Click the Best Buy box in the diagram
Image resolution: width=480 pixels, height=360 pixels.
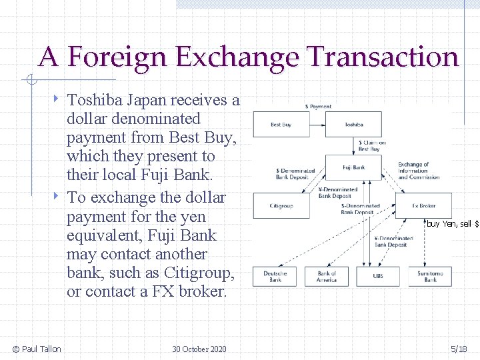(x=281, y=125)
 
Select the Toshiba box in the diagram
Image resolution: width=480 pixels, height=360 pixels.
(x=354, y=125)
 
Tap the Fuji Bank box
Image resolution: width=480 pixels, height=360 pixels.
(x=354, y=168)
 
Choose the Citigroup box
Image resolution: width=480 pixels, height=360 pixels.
(x=281, y=206)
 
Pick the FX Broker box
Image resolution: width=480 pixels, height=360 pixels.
(x=423, y=206)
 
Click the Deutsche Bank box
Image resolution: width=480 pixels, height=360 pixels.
(x=275, y=276)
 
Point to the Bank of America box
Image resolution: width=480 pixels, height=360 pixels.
(x=327, y=276)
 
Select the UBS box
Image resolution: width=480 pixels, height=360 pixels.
(x=378, y=276)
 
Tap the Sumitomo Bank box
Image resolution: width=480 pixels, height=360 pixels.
(x=430, y=276)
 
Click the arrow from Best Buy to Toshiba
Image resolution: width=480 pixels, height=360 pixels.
(x=317, y=125)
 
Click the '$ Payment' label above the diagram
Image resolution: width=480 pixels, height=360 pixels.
(x=318, y=107)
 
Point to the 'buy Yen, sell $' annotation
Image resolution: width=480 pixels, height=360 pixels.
(x=453, y=224)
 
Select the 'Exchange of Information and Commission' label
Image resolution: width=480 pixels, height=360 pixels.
(x=419, y=171)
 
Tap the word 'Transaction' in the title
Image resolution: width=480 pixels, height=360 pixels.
(x=383, y=58)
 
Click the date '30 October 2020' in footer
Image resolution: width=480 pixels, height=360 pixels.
(x=199, y=349)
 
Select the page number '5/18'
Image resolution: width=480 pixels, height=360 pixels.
(x=459, y=349)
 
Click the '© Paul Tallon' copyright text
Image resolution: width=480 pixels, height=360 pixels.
(x=37, y=349)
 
